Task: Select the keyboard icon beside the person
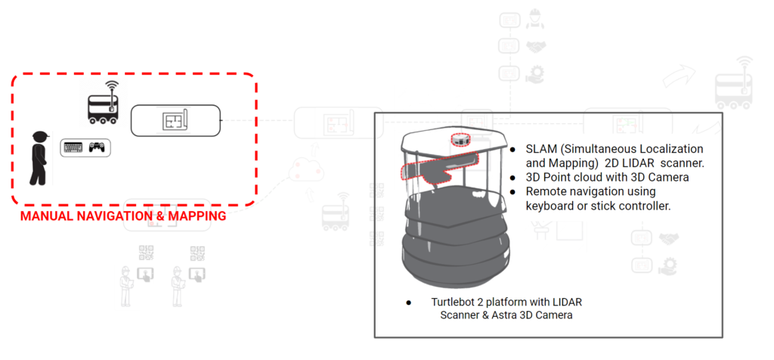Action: pos(73,147)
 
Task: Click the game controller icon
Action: pos(98,147)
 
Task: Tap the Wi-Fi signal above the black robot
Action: pos(112,85)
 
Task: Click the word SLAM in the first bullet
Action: pos(541,149)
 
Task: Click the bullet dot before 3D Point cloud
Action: pos(513,178)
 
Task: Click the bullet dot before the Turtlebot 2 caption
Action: pos(408,303)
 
